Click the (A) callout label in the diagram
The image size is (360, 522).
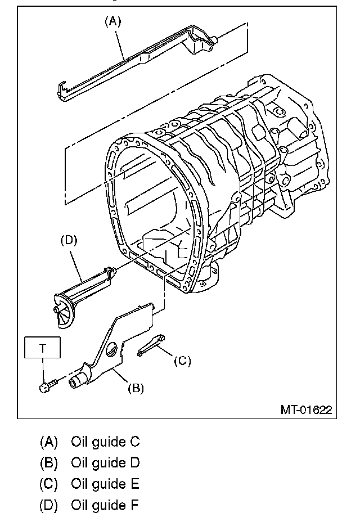tap(112, 21)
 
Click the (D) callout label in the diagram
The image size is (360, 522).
tap(68, 240)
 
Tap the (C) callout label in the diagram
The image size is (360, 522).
tap(182, 361)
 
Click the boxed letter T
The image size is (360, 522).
tap(43, 349)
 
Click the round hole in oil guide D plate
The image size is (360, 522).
tap(112, 350)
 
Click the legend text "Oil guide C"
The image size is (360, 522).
tap(105, 442)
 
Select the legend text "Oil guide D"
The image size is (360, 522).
tap(105, 463)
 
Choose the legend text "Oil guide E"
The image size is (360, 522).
tap(105, 484)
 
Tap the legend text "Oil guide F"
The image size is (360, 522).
tap(105, 505)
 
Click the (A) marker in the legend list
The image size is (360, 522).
tap(48, 442)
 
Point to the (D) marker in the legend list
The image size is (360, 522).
tap(48, 505)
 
